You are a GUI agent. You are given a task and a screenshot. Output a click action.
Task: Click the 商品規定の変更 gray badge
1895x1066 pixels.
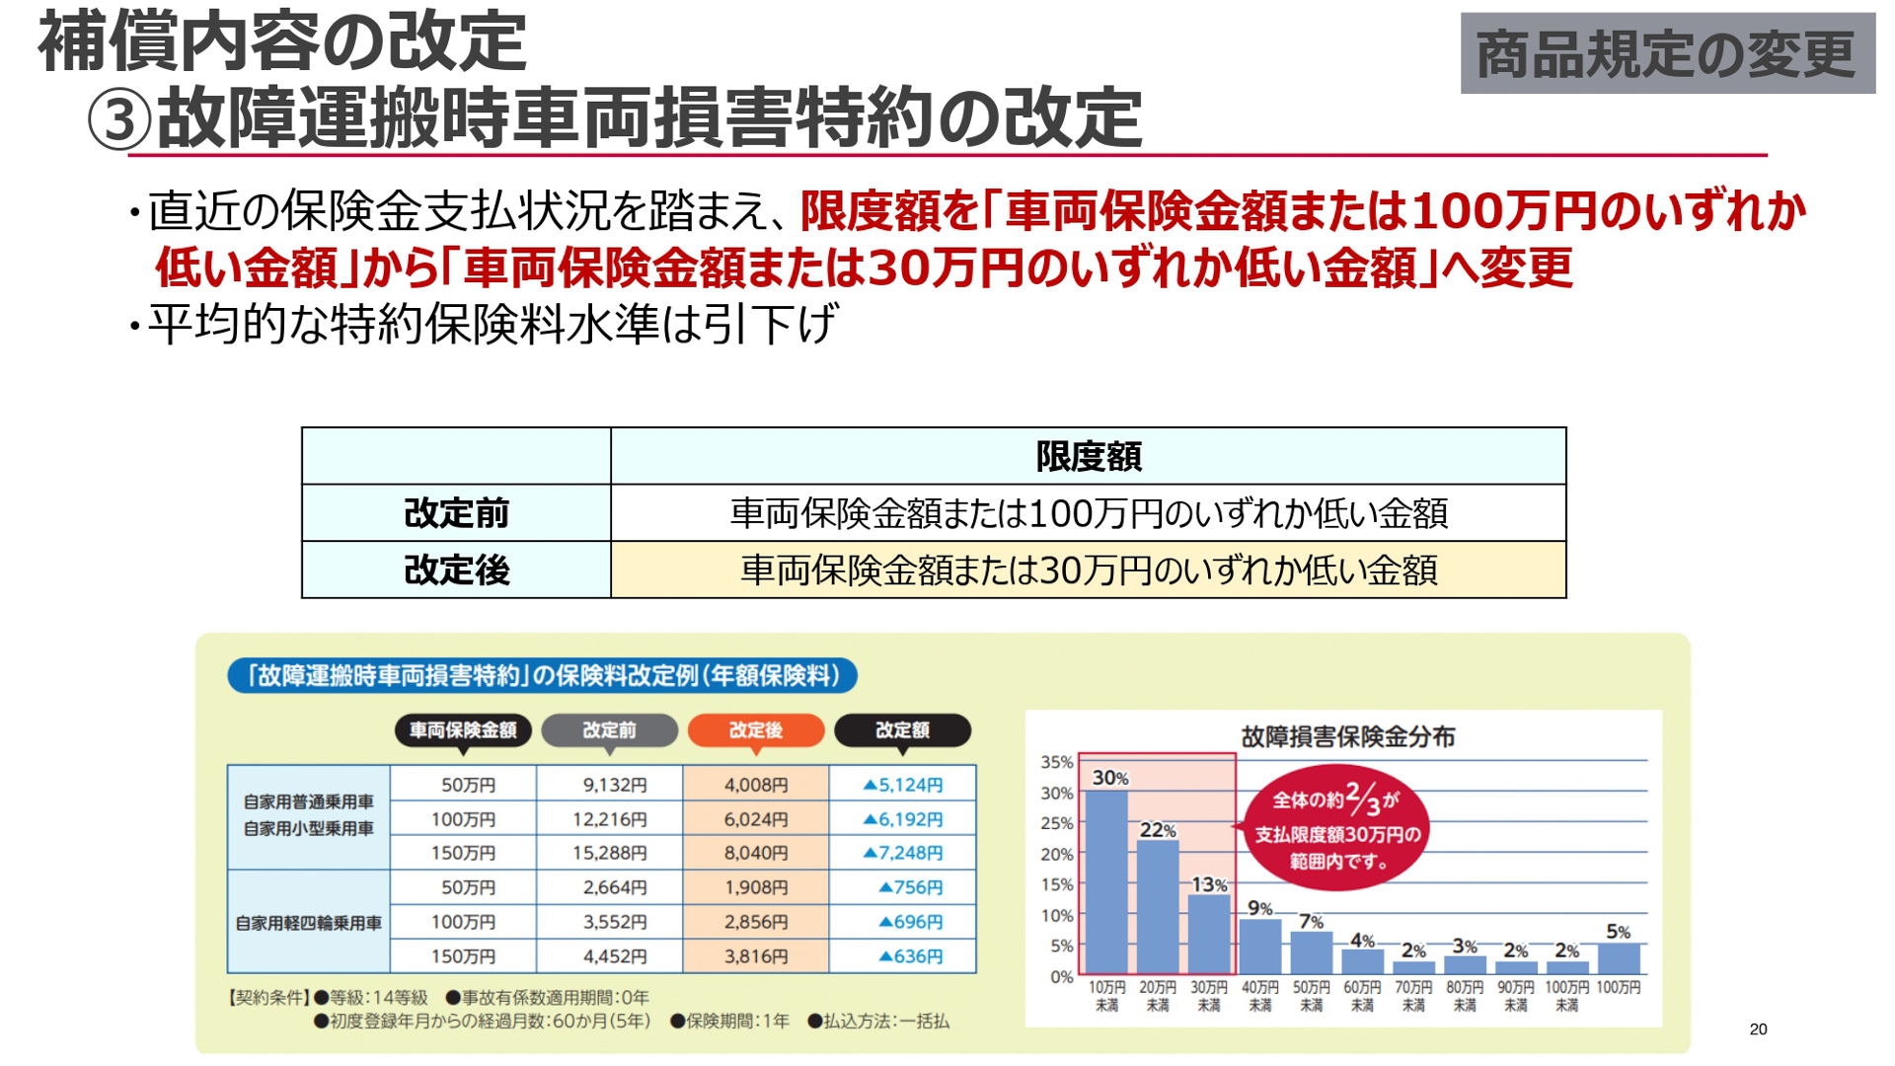coord(1667,53)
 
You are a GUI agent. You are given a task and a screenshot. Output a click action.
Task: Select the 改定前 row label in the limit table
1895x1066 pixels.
coord(456,513)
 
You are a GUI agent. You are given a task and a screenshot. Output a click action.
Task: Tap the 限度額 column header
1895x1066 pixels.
coord(1088,456)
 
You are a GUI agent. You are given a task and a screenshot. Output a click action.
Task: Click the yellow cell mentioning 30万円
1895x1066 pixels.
coord(1088,571)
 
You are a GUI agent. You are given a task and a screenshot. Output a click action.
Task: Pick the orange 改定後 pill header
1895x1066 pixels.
coord(755,730)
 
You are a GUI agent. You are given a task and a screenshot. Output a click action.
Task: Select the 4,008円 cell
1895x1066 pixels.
coord(756,785)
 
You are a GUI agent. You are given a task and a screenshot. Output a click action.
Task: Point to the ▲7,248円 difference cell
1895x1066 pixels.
coord(903,853)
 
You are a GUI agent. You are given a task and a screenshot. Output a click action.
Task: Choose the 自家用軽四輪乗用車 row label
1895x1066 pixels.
coord(308,923)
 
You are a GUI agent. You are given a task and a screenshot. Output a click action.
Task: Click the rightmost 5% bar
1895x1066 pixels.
coord(1619,958)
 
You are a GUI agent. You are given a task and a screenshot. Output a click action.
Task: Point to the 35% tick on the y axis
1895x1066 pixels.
coord(1056,762)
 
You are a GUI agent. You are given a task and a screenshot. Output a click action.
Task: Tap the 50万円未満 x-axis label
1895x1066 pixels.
coord(1312,996)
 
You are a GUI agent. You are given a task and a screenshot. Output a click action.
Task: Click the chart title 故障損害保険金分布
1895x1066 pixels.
coord(1347,736)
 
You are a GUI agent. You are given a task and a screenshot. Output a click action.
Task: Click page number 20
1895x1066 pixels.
coord(1758,1029)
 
